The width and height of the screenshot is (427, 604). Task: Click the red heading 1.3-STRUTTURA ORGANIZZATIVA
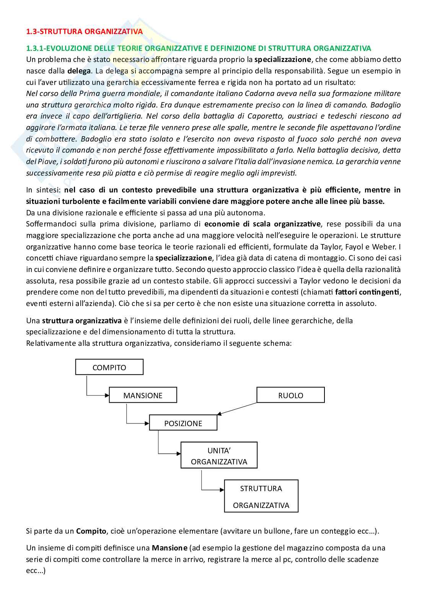[x=84, y=31]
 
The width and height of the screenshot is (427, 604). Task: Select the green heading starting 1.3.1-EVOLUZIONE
[x=198, y=48]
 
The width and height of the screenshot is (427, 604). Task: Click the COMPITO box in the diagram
[x=109, y=367]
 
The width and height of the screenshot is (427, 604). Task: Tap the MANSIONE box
[x=143, y=395]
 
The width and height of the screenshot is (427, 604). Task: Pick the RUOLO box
[x=290, y=395]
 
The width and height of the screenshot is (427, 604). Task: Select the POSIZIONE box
[x=183, y=423]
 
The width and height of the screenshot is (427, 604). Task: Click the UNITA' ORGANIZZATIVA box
[x=219, y=456]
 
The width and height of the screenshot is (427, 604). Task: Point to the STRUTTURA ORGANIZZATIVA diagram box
[x=261, y=497]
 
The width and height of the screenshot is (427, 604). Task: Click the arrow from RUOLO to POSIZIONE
[x=237, y=409]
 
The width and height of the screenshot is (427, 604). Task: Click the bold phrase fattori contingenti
[x=367, y=292]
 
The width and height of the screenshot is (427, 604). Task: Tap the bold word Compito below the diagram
[x=91, y=531]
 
